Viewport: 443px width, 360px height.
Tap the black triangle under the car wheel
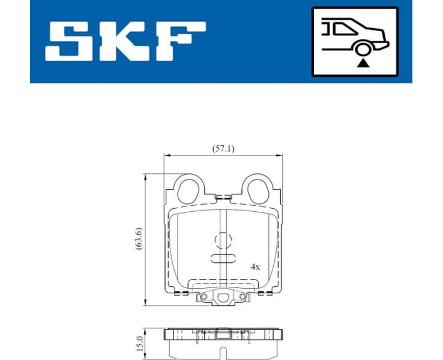(361, 63)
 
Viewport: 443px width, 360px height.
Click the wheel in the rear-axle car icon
(361, 49)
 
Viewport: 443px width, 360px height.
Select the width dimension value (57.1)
(223, 148)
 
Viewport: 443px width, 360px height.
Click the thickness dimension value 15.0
(139, 343)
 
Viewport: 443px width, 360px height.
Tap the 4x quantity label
(255, 266)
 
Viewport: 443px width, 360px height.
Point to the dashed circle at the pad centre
(223, 241)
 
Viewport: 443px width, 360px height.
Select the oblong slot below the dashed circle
(223, 259)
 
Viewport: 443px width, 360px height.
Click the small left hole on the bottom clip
(204, 296)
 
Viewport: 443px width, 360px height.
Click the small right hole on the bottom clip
(242, 296)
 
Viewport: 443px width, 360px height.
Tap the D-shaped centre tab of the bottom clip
(223, 296)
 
